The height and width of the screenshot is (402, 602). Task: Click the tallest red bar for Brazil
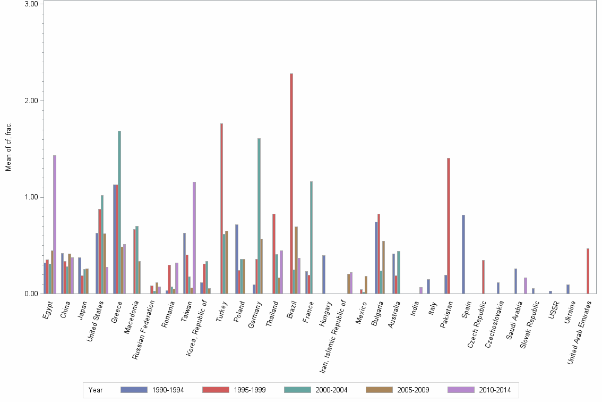click(291, 183)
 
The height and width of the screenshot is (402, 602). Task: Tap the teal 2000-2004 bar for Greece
click(119, 212)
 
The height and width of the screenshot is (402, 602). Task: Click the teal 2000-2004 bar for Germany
click(259, 216)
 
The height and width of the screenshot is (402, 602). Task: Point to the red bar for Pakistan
click(449, 225)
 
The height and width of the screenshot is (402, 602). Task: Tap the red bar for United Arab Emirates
click(588, 271)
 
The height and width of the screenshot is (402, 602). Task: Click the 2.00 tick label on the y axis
click(31, 100)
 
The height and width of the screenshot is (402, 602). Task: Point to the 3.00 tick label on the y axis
click(31, 4)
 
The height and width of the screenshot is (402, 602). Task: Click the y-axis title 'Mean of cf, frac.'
click(8, 147)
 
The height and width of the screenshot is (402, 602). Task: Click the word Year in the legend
click(96, 390)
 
